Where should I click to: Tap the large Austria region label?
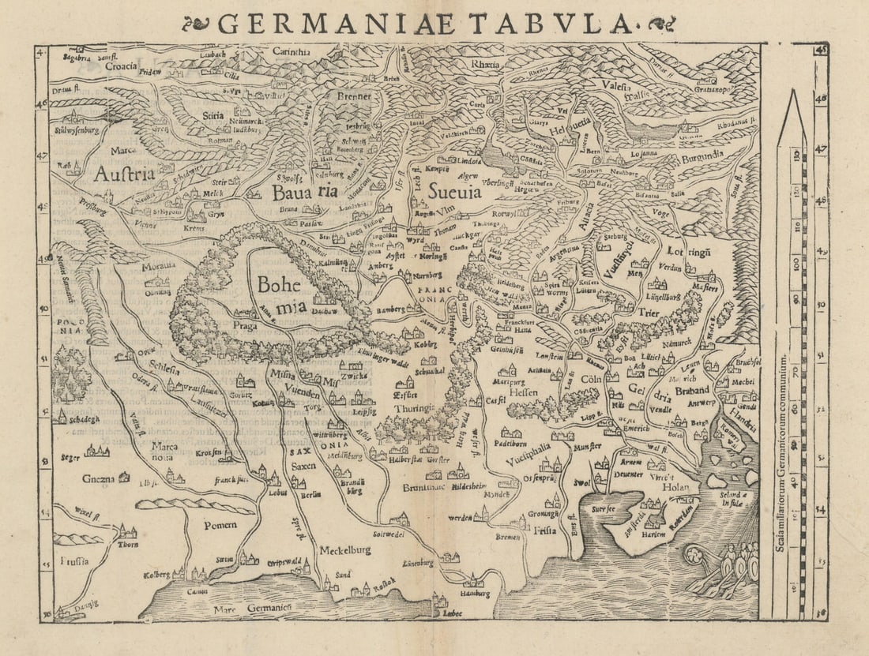pyautogui.click(x=124, y=174)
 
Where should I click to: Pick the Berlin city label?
pyautogui.click(x=310, y=495)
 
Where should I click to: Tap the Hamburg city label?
pyautogui.click(x=474, y=593)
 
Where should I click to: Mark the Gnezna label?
pyautogui.click(x=99, y=478)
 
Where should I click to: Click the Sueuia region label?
pyautogui.click(x=454, y=190)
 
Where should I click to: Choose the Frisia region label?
pyautogui.click(x=544, y=530)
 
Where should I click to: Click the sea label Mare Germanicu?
pyautogui.click(x=254, y=609)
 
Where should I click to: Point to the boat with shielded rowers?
pyautogui.click(x=723, y=568)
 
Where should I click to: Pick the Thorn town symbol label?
pyautogui.click(x=128, y=544)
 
